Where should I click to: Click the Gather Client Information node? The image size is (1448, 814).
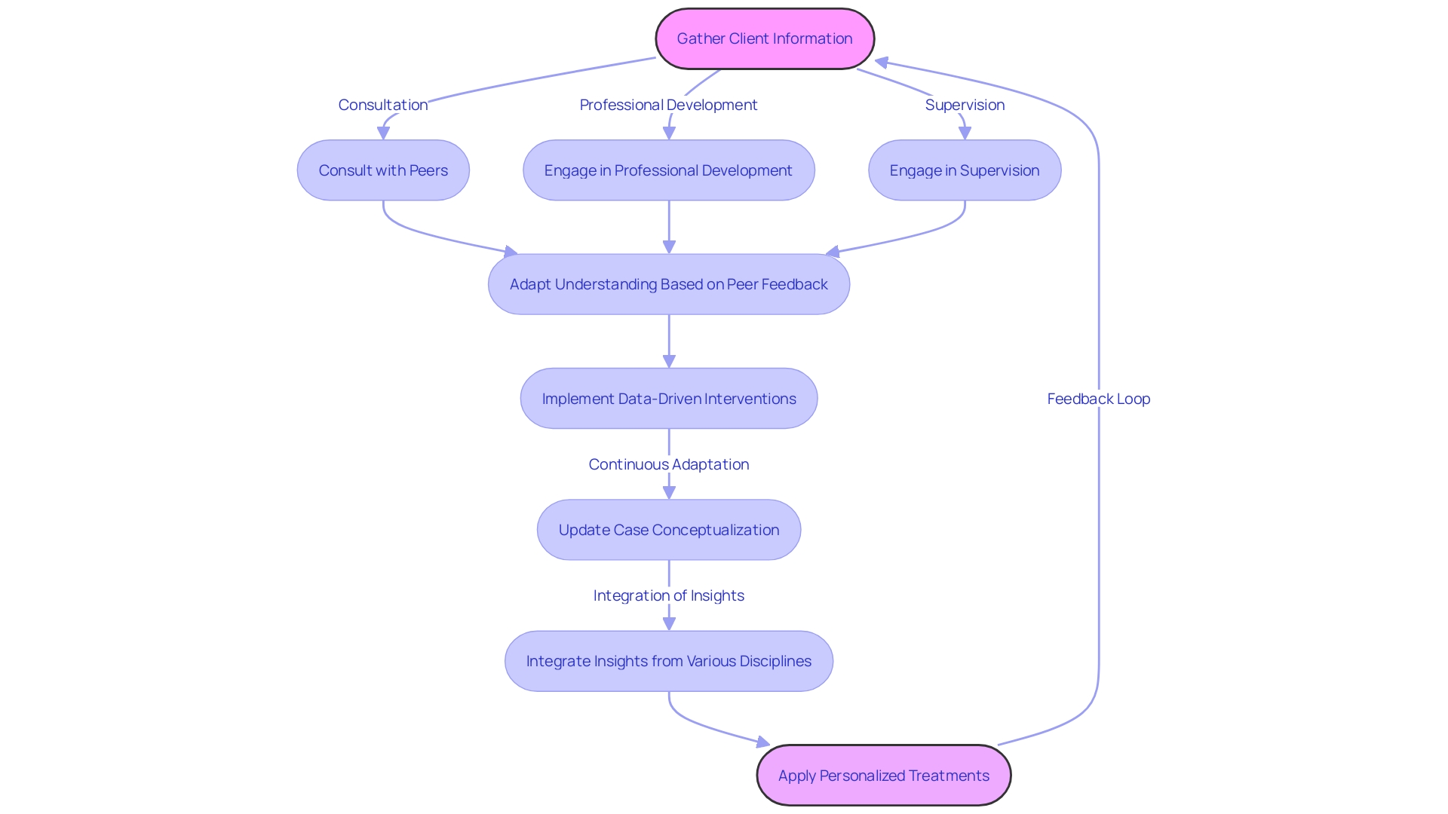pyautogui.click(x=765, y=38)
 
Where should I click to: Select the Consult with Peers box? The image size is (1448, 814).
pyautogui.click(x=383, y=170)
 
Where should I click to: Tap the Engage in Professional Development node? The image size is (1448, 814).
pyautogui.click(x=668, y=170)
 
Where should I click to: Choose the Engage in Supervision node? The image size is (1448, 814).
pyautogui.click(x=964, y=170)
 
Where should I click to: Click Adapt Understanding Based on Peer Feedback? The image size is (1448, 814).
pyautogui.click(x=668, y=284)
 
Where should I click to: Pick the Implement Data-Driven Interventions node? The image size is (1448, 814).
pyautogui.click(x=668, y=399)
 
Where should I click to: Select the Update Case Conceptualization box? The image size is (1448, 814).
pyautogui.click(x=668, y=530)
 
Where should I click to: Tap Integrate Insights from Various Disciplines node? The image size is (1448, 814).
pyautogui.click(x=668, y=661)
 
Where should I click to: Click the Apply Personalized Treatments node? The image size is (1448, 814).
pyautogui.click(x=883, y=776)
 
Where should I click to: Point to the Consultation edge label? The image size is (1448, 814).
pyautogui.click(x=382, y=105)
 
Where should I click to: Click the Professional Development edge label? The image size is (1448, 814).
pyautogui.click(x=668, y=105)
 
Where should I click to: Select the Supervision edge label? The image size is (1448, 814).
pyautogui.click(x=965, y=105)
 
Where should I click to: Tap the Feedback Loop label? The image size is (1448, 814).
pyautogui.click(x=1098, y=399)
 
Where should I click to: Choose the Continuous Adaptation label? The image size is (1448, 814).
pyautogui.click(x=668, y=464)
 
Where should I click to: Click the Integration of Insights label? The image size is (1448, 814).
pyautogui.click(x=668, y=595)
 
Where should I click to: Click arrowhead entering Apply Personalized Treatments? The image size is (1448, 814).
pyautogui.click(x=762, y=742)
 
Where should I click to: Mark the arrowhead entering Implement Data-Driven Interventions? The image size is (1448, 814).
pyautogui.click(x=669, y=361)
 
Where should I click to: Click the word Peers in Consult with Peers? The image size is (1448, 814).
pyautogui.click(x=428, y=170)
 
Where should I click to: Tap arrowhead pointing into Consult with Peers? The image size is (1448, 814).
pyautogui.click(x=383, y=133)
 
